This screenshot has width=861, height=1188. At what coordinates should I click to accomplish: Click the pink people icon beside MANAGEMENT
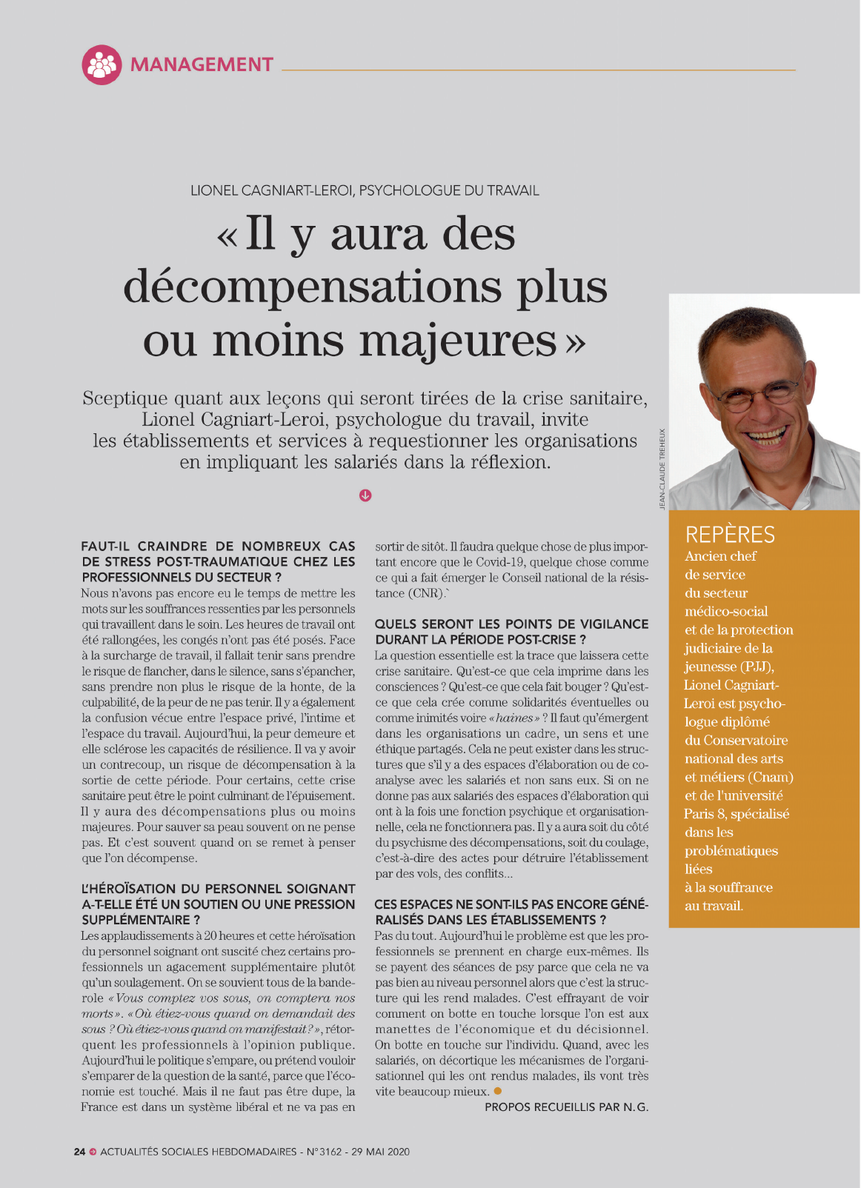coord(102,64)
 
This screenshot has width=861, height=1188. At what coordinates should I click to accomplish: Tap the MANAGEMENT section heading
coord(202,64)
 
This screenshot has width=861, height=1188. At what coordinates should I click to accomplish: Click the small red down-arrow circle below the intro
coord(365,495)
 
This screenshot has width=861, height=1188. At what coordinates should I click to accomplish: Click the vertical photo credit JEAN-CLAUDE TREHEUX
coord(662,468)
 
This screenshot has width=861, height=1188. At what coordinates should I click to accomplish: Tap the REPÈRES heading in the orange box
coord(730,535)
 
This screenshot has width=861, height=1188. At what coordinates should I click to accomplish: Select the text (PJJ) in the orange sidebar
coord(757,667)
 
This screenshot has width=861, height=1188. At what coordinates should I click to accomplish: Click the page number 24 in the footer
coord(79,1152)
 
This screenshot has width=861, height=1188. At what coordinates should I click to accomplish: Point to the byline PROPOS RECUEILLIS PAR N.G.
coord(566,1107)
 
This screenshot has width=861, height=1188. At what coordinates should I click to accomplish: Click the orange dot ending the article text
coord(498,1091)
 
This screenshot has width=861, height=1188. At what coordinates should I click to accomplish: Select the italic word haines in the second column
coord(514,718)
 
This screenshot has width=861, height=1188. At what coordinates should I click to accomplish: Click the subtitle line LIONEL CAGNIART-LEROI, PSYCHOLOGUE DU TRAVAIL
coord(365,190)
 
